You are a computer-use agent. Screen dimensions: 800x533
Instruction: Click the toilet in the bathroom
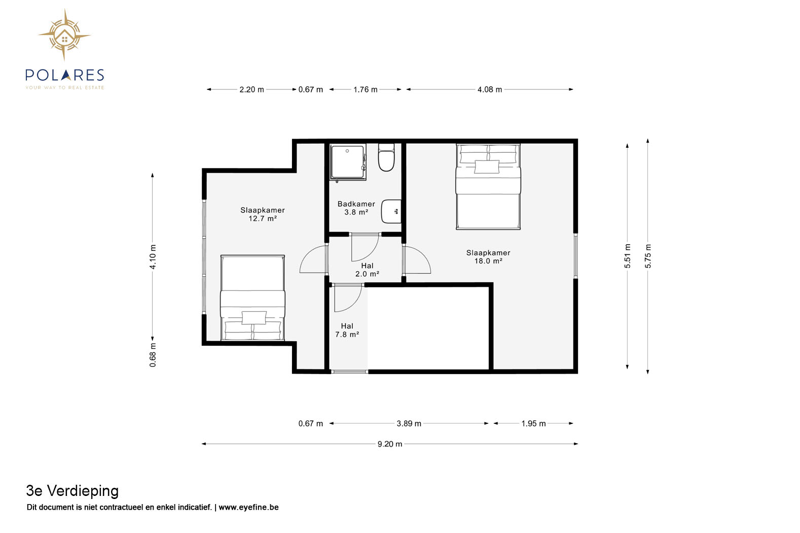click(386, 157)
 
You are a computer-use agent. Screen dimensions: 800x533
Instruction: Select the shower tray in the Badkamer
click(347, 162)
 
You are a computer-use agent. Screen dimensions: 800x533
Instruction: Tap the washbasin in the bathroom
click(391, 211)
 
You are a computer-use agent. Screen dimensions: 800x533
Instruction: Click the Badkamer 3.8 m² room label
click(356, 208)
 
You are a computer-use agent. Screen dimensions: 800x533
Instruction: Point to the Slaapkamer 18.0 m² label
click(488, 257)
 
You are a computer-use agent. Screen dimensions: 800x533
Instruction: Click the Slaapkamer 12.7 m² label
click(263, 214)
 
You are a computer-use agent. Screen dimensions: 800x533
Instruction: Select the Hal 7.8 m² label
click(347, 330)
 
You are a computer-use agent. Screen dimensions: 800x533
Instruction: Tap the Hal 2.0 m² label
click(367, 270)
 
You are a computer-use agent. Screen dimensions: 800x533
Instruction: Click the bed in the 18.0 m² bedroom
click(488, 186)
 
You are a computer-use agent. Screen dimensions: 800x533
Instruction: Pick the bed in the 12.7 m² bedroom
click(252, 297)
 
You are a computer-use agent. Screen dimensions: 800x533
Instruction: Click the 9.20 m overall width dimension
click(390, 444)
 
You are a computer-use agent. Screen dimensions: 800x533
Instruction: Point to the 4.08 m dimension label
click(490, 89)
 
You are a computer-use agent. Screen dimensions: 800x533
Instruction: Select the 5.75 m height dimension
click(648, 256)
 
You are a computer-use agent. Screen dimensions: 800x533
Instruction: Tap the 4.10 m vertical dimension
click(153, 257)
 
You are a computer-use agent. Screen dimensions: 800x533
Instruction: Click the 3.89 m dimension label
click(409, 423)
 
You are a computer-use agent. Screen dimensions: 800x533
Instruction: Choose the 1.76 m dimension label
click(366, 89)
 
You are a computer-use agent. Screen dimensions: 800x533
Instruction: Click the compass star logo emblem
click(64, 35)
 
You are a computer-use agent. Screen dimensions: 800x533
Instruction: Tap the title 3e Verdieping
click(72, 491)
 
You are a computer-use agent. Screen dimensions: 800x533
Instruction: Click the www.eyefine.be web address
click(248, 507)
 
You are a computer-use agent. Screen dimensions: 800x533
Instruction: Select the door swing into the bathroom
click(365, 247)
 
